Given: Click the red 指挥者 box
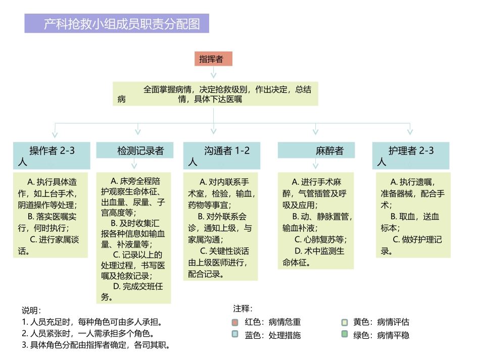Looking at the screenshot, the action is coord(213,59).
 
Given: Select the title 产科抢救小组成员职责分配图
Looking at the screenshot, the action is coord(117,23).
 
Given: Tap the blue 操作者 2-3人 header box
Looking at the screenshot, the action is coord(52,156).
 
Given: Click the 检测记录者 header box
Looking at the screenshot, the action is coord(134,150).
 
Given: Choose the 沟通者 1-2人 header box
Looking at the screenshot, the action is coord(222,156).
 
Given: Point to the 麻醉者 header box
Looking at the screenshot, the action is coord(316,150).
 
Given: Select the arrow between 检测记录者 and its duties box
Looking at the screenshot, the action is coord(134,165).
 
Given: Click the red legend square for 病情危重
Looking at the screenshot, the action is coord(235,322).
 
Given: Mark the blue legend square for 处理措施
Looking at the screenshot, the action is coord(235,334).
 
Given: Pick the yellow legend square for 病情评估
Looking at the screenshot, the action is coord(345,322).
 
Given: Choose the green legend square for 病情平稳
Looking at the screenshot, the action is coord(345,334).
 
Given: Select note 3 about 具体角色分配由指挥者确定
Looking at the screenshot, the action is coord(96,345).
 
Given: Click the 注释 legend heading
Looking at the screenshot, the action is coord(243,308).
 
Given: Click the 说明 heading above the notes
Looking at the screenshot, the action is coord(31,310).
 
